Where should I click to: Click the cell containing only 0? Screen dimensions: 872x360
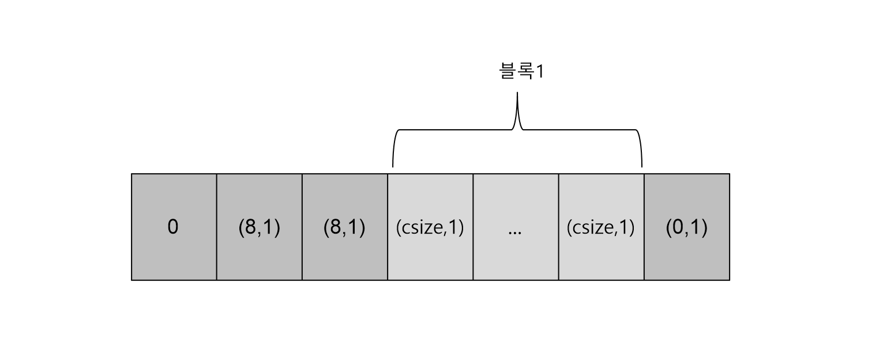174,227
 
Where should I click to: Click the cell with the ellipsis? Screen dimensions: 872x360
516,227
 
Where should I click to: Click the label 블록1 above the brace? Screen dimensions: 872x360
521,72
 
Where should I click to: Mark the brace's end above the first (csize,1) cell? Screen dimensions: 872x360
393,165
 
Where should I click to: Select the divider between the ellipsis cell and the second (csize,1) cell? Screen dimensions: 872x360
558,227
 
